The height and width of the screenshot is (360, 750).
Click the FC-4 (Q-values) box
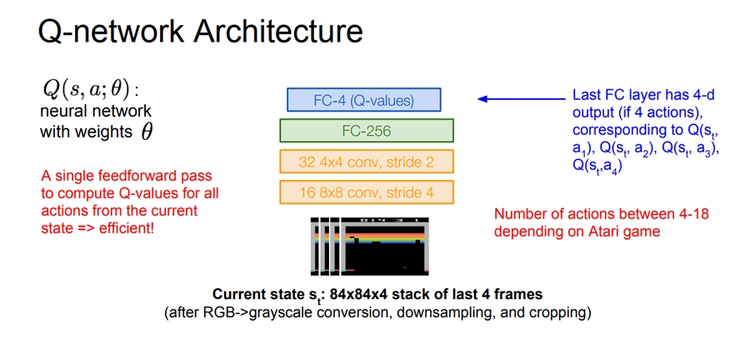pos(363,100)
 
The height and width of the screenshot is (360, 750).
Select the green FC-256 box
pos(367,131)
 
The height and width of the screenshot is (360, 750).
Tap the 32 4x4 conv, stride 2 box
pos(367,161)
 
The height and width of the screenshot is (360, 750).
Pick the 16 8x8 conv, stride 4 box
pos(367,192)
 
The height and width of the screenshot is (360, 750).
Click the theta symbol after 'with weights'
pos(147,132)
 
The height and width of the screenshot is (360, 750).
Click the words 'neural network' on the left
pos(96,111)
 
